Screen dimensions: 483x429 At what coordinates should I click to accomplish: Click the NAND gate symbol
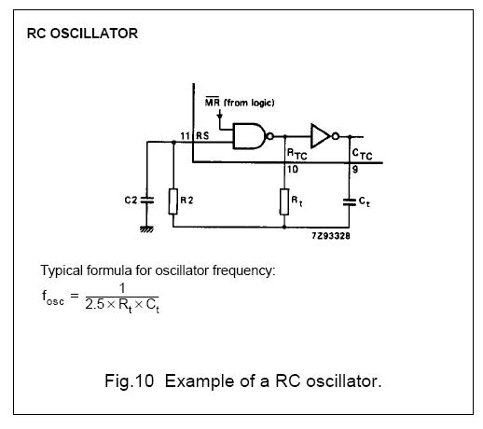coord(250,136)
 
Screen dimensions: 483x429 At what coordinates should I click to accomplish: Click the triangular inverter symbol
coord(320,136)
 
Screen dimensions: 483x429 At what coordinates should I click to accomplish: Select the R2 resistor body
coord(173,201)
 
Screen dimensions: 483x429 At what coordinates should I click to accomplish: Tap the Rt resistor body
coord(284,201)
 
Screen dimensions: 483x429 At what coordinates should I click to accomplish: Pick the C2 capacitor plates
coord(147,201)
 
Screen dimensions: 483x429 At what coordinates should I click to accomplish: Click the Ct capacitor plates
coord(349,202)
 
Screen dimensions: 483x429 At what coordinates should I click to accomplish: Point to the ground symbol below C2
coord(146,229)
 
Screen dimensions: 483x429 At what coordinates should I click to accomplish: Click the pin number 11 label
coord(185,136)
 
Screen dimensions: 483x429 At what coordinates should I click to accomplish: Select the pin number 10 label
coord(293,170)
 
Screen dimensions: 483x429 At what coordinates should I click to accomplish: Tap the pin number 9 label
coord(355,170)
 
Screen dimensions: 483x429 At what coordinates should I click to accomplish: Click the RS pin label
coord(202,136)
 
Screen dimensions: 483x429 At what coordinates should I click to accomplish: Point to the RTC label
coord(297,154)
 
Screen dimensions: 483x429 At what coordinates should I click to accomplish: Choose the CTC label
coord(362,154)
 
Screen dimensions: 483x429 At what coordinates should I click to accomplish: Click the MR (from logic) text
coord(240,103)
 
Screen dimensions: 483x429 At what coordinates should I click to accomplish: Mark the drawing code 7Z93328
coord(331,236)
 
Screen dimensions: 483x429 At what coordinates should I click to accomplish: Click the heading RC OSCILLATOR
coord(82,34)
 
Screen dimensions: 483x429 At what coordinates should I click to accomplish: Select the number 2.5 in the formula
coord(94,304)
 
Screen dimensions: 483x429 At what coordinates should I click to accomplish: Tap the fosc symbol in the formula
coord(53,298)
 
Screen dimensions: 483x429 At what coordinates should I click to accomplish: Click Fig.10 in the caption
coord(130,381)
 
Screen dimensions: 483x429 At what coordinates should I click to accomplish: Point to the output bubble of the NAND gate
coord(270,136)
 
